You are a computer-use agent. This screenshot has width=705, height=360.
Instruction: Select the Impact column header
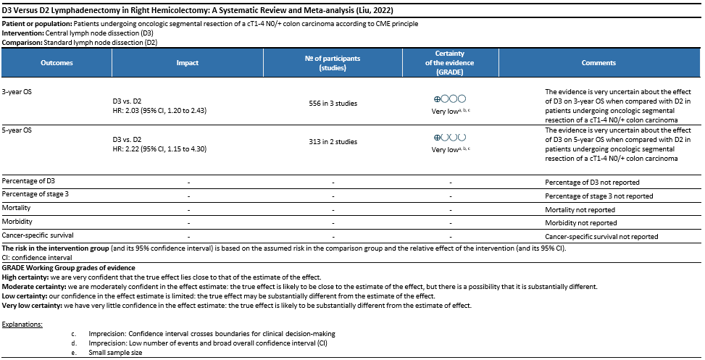click(188, 64)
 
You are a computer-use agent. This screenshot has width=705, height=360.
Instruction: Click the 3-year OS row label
click(17, 93)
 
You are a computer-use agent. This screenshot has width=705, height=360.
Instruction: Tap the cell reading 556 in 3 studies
click(333, 104)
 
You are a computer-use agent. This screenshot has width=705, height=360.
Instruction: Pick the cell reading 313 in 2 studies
click(333, 142)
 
